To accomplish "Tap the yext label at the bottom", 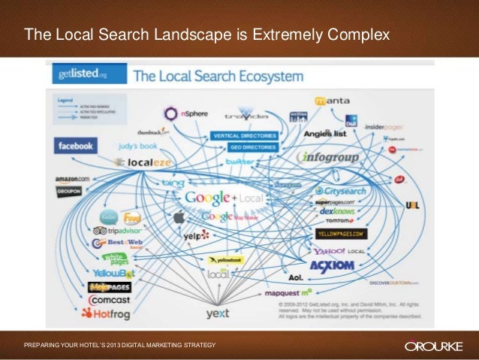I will point(218,313).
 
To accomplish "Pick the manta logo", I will point(331,100).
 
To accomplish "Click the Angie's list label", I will point(323,134).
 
